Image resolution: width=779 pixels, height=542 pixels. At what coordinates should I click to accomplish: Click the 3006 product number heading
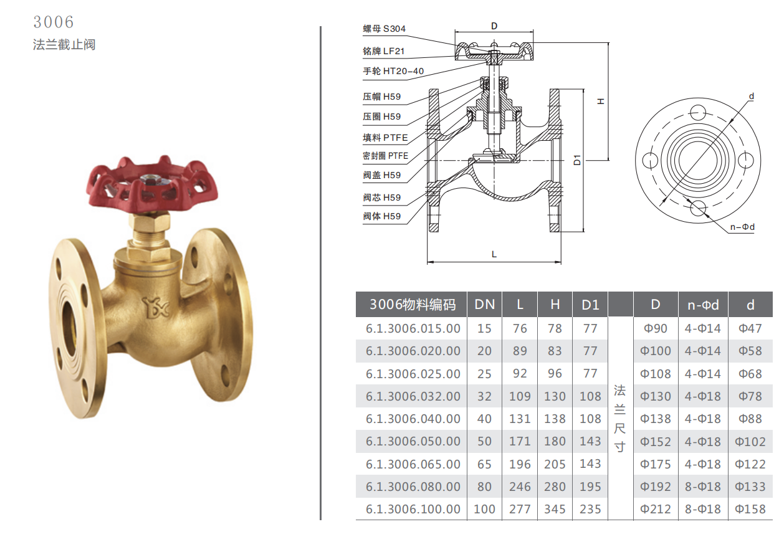point(54,22)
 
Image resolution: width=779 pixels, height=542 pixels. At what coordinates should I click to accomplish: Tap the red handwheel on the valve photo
point(152,184)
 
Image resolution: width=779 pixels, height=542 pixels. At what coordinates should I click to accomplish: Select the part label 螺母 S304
point(385,29)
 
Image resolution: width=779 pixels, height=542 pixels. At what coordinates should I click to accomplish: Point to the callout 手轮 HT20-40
point(393,71)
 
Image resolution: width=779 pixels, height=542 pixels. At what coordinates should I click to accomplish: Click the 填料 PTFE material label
point(385,138)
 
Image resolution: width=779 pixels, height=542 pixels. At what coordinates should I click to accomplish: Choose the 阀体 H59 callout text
point(382,216)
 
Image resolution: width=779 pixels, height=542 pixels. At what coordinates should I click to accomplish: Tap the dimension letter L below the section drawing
point(494,254)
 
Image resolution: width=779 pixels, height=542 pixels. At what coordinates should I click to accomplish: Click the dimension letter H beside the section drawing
point(601,101)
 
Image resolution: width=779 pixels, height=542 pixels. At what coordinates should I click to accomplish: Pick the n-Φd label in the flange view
point(742,227)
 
